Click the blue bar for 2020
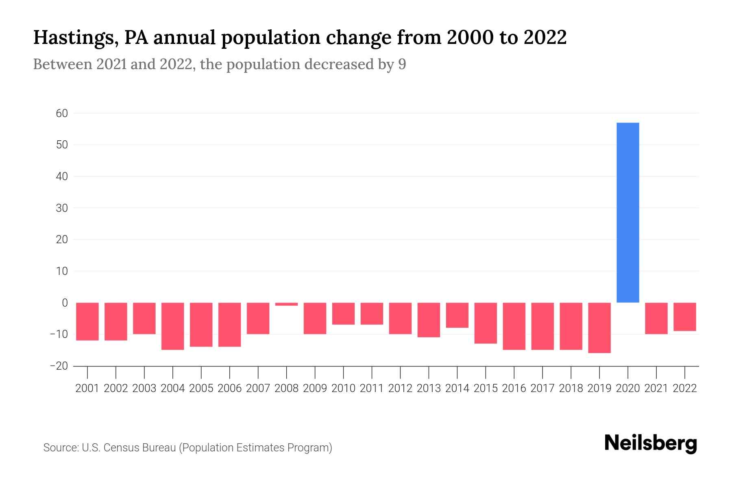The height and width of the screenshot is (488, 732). tap(628, 212)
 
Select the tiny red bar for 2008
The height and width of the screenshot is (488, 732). tap(286, 304)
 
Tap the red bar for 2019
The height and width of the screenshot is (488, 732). tap(599, 327)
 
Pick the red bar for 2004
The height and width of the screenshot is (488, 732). tap(173, 326)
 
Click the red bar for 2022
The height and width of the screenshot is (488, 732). tap(685, 316)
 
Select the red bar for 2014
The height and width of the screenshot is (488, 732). tap(457, 315)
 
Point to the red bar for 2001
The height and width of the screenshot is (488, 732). tap(87, 321)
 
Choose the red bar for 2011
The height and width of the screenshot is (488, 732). tap(372, 313)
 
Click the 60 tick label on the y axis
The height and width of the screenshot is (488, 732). tap(62, 113)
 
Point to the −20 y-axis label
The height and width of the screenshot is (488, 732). tap(59, 366)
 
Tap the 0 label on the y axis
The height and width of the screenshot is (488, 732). tap(65, 303)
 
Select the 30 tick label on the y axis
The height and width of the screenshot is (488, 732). tap(62, 208)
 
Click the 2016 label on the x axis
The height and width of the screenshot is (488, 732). tap(514, 388)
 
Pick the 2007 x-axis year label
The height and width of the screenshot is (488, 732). tap(258, 388)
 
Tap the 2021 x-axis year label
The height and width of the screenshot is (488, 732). tap(656, 388)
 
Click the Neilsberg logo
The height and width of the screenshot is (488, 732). tap(651, 443)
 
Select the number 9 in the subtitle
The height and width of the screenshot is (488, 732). tap(402, 64)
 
